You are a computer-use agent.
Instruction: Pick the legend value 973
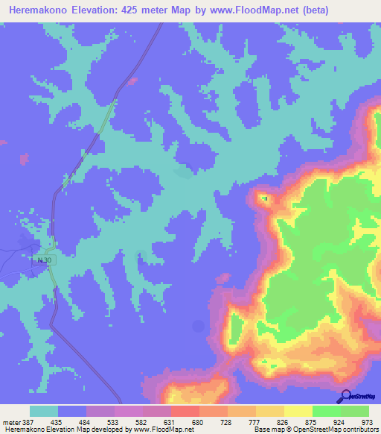tap(367, 422)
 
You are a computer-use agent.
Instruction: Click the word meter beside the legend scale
tap(10, 422)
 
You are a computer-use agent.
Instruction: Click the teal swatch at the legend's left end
tap(44, 411)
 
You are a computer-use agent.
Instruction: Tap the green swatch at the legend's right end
tap(354, 411)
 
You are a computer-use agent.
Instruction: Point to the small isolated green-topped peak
tap(263, 198)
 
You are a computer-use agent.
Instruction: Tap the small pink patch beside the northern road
tap(133, 79)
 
